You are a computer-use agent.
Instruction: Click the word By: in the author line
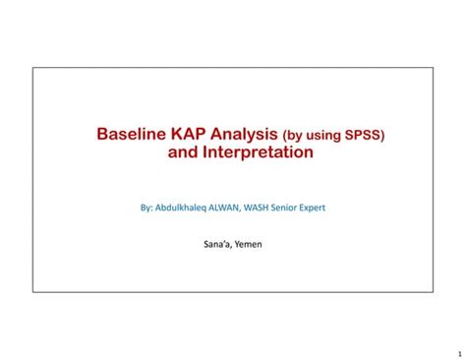point(148,208)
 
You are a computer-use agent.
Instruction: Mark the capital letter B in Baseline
point(101,134)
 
